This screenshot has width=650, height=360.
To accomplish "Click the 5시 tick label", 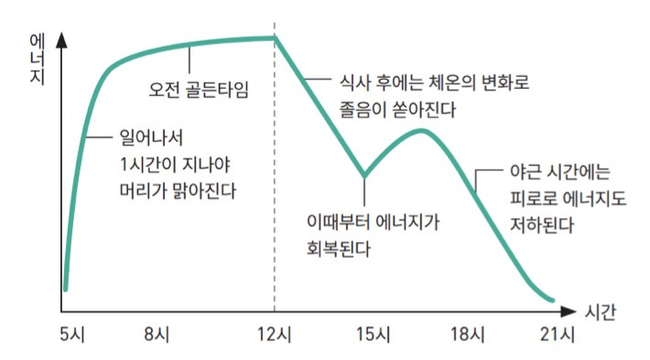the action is (72, 333).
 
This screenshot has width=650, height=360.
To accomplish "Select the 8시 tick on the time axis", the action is (157, 333).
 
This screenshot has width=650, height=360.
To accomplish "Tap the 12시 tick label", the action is (275, 333).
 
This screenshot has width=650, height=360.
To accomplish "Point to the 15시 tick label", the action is (374, 333).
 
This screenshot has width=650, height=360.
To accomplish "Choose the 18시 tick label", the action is (468, 333).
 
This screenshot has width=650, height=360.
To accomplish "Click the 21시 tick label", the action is (558, 333).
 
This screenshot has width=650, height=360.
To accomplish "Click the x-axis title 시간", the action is (601, 311).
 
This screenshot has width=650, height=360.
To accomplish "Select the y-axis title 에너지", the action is (38, 59).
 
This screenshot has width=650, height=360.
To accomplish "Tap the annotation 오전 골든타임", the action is (199, 89).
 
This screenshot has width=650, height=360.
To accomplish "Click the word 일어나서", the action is (151, 137).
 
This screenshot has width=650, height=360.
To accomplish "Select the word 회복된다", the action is (338, 249).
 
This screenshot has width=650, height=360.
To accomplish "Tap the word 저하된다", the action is (542, 225).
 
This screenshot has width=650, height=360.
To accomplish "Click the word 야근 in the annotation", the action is (525, 171).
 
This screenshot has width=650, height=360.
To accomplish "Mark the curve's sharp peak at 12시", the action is (275, 38).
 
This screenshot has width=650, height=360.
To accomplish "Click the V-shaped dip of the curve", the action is (364, 175).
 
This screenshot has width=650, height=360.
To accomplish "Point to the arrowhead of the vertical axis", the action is (61, 40).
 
